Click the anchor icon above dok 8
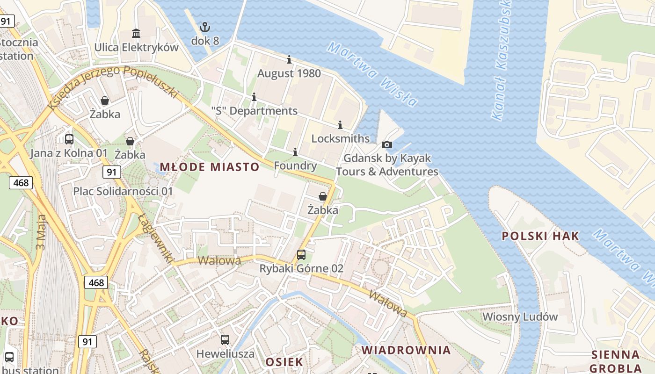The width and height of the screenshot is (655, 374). coord(205,27)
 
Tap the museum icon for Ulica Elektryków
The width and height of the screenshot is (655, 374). coord(136,34)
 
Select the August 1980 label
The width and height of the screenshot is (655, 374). coord(289,73)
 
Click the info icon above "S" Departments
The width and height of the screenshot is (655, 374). coord(254,97)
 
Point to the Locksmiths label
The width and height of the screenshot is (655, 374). coord(340,139)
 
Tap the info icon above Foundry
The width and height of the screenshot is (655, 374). coord(295,152)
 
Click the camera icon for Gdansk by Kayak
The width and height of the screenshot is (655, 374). coord(387,144)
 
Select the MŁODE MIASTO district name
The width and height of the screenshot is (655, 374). coord(210,167)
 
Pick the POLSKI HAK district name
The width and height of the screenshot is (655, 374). coord(540,236)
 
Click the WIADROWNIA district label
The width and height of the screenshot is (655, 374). coord(406,350)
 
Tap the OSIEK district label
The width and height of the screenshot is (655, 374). coord(284,362)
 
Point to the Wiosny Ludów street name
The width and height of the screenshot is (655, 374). coord(520,316)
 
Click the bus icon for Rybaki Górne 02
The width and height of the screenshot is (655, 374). coord(301,255)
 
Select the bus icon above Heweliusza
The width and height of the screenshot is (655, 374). coord(225,340)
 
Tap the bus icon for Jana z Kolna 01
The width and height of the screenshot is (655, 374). coord(69,139)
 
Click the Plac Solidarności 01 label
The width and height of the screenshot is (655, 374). coord(123,191)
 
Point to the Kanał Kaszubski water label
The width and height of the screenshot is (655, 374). coord(503,61)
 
